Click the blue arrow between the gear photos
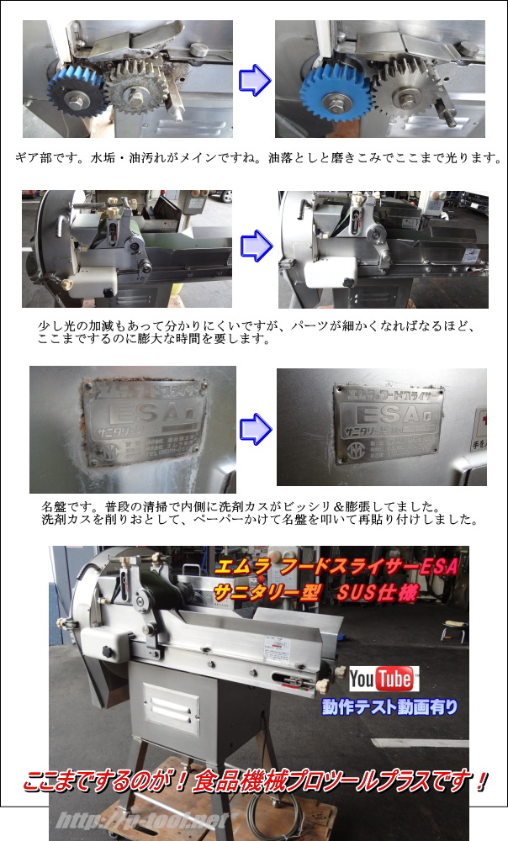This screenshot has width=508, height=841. [x=254, y=81]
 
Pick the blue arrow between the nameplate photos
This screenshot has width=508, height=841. [x=254, y=429]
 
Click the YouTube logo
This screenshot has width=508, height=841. [x=384, y=679]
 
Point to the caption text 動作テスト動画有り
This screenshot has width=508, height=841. [x=389, y=707]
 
